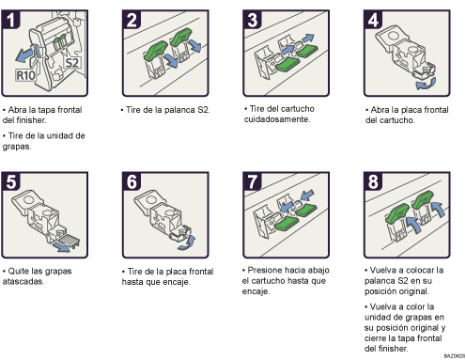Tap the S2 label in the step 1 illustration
72,63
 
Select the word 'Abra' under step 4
381,108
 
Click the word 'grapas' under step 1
19,147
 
